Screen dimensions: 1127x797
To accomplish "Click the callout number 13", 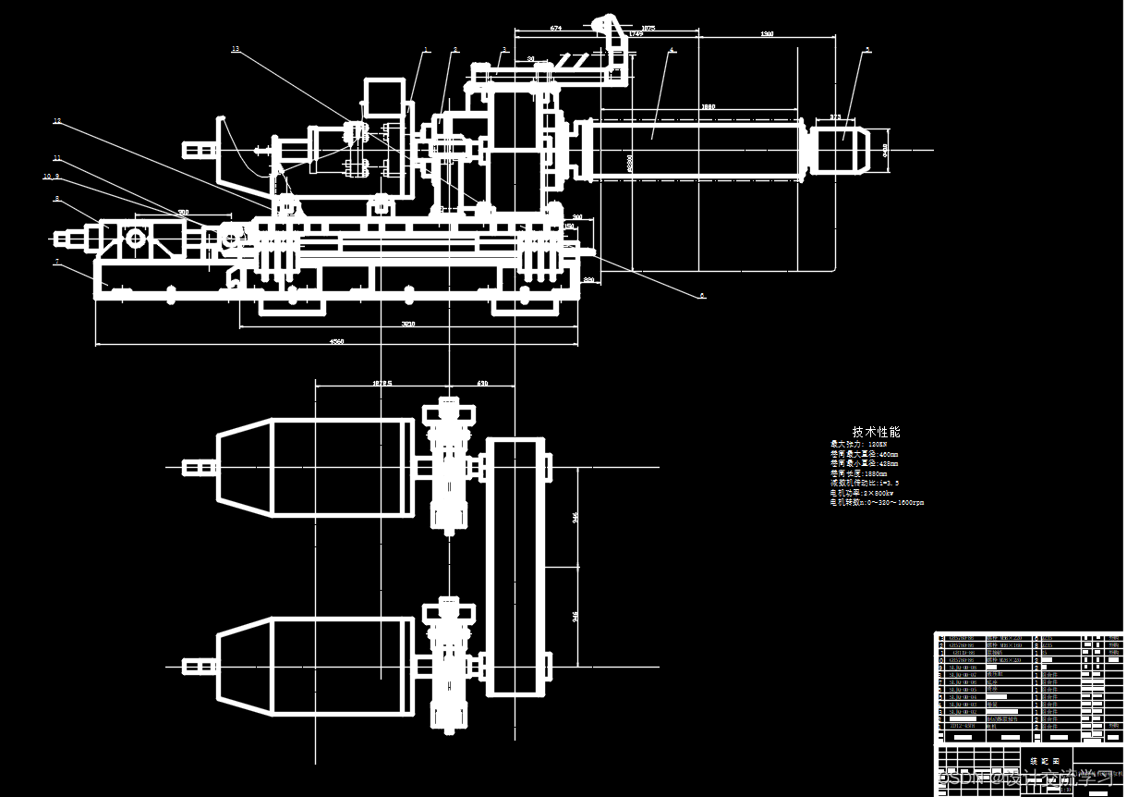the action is (x=236, y=49).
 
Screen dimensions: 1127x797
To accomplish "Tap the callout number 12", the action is (x=56, y=121).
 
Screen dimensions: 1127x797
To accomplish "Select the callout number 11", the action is (x=56, y=157).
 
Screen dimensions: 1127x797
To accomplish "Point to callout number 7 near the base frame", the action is (x=56, y=262).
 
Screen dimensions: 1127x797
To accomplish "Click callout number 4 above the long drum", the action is (x=672, y=50).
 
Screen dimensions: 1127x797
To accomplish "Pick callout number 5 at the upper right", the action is (x=867, y=50).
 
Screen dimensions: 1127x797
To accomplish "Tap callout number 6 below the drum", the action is (x=702, y=295).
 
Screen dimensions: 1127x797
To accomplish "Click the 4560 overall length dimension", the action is (x=337, y=342).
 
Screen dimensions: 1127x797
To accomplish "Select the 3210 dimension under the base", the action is (x=407, y=324).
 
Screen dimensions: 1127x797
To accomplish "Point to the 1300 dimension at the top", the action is (x=767, y=34).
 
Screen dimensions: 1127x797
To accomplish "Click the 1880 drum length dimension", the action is (x=708, y=107).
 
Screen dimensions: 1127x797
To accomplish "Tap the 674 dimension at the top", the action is (x=555, y=29).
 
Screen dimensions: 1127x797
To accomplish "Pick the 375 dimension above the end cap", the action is (x=835, y=117).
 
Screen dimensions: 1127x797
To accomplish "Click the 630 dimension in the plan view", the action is (x=482, y=382).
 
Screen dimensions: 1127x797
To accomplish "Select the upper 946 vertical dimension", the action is (x=575, y=519).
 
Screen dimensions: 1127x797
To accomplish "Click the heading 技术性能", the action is (x=876, y=432).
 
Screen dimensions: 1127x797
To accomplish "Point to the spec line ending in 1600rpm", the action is (x=877, y=503).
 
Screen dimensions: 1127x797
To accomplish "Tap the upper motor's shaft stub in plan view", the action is (x=198, y=467).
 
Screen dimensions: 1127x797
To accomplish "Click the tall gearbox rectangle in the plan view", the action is (x=513, y=567).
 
